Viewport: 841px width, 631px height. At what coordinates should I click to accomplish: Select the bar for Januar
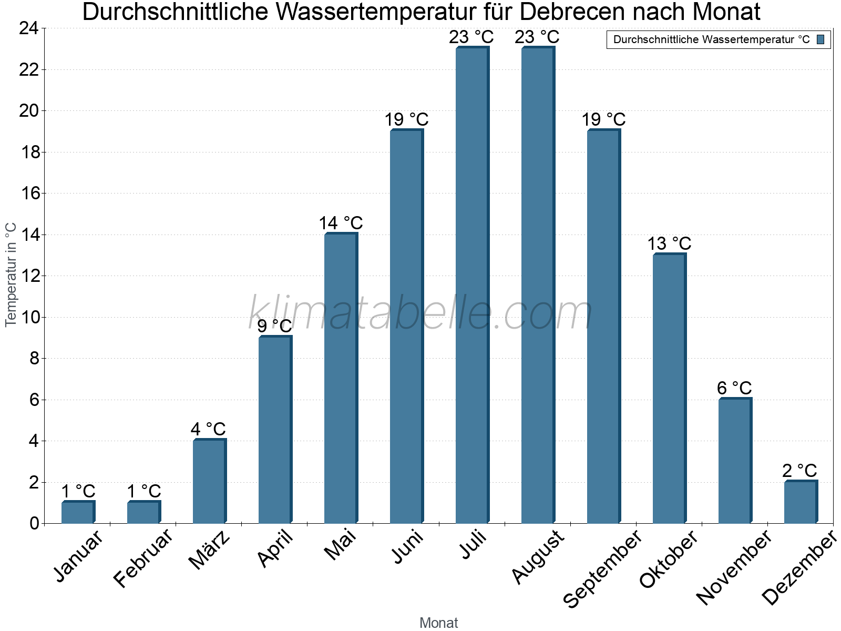point(78,513)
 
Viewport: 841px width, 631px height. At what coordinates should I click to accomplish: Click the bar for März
point(209,482)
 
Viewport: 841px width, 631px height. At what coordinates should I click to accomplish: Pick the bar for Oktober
point(669,389)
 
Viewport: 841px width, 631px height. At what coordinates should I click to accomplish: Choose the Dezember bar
point(801,502)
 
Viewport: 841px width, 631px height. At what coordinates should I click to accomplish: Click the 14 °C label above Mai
point(341,223)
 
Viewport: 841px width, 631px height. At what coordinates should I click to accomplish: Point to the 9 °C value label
point(274,326)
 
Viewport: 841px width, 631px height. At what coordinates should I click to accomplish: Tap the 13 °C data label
point(669,243)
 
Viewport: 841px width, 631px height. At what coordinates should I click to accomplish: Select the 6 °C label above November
point(734,388)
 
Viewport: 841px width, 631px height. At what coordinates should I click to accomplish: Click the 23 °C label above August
point(537,37)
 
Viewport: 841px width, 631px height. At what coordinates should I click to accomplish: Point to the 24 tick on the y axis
point(28,28)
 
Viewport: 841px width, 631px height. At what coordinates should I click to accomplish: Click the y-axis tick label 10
point(28,317)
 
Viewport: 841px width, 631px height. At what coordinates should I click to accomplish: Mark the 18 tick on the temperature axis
point(28,152)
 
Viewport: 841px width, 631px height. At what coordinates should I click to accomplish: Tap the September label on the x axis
point(602,568)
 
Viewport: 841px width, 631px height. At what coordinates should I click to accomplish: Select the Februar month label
point(143,557)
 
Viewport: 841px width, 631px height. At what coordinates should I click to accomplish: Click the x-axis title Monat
point(438,623)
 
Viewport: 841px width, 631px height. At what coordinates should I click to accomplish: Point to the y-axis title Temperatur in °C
point(11,274)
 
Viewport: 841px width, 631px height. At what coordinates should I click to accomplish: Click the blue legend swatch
point(821,39)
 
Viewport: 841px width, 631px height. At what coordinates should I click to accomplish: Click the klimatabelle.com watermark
point(420,313)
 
